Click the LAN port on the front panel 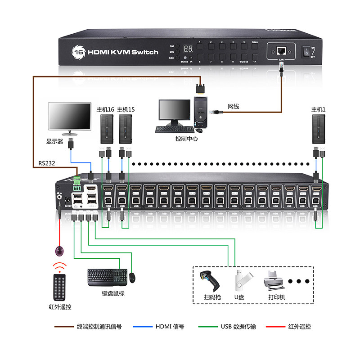click(281, 49)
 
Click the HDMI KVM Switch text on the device click(122, 52)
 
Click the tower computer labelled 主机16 click(105, 127)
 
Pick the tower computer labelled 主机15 click(126, 127)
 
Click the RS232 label click(46, 163)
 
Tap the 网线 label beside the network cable click(233, 107)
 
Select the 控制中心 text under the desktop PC click(186, 139)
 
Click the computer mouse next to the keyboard click(133, 278)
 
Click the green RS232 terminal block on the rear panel click(76, 181)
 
